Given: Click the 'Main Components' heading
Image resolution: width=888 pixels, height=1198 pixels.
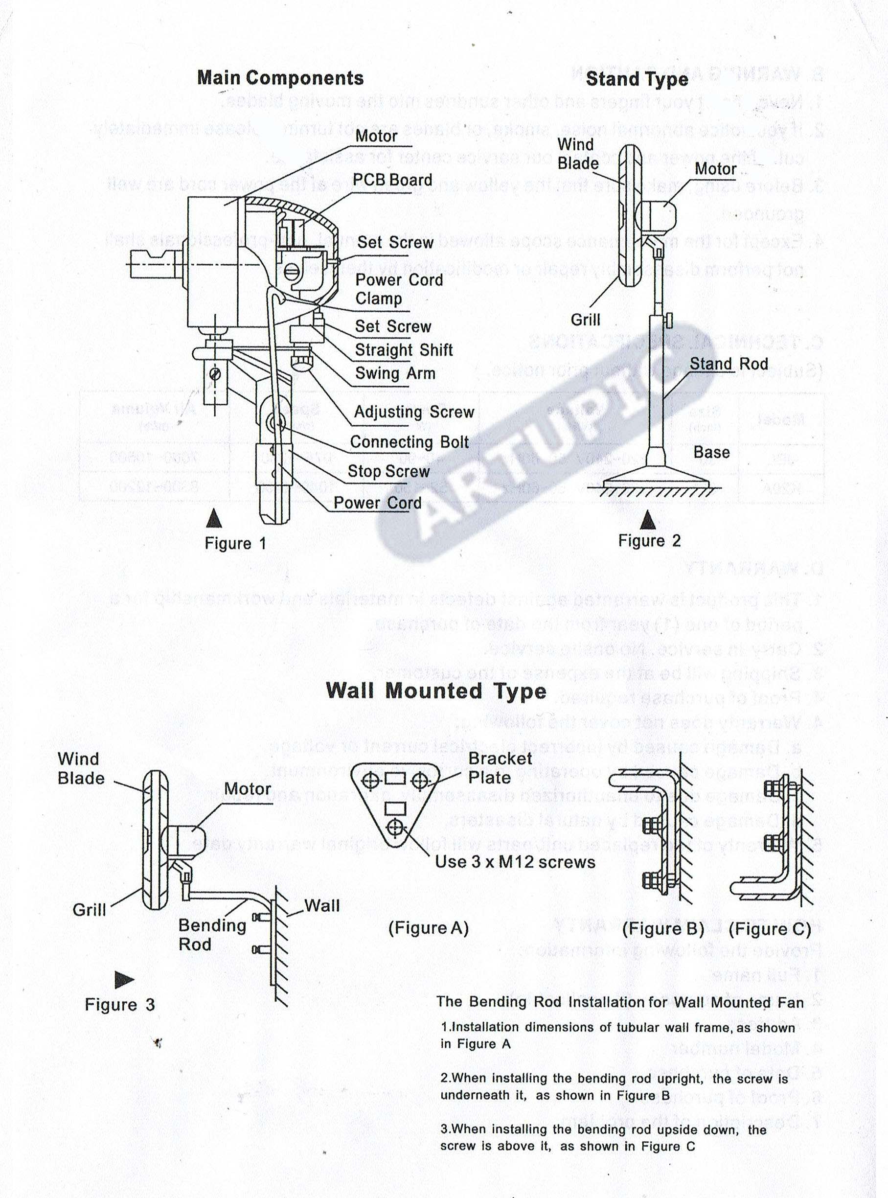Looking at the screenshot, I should pos(280,78).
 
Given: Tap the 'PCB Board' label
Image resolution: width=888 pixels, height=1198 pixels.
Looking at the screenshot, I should pos(392,180).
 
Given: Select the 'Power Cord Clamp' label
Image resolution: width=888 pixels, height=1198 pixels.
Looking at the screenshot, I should pos(398,289).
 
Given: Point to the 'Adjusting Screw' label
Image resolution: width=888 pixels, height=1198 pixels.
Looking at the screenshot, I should pos(414,412).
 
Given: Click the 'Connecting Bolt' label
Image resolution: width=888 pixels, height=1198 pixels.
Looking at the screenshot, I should pos(409,442).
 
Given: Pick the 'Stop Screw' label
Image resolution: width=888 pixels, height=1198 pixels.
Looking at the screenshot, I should pos(388,472).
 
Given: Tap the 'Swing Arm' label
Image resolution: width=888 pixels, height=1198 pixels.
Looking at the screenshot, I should pos(395,373).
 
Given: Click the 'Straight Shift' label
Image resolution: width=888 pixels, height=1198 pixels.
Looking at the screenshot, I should pos(404,350).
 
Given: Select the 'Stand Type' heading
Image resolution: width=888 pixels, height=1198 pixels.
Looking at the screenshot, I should pos(637,79).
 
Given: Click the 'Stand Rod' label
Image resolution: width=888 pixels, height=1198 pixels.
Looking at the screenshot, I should pos(729,364).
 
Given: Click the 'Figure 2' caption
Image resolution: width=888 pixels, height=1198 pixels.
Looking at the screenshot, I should pos(649,540).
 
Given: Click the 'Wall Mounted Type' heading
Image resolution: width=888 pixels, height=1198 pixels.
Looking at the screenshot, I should pos(436,691).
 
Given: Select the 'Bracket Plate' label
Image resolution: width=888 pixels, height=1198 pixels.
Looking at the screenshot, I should pos(500,768).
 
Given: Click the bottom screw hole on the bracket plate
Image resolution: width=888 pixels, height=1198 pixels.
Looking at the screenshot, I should pos(395,828).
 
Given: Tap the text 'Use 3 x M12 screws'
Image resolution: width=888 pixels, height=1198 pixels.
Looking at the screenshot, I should pos(515,862).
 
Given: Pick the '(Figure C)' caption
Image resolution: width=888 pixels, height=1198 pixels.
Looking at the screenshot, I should pos(769,929).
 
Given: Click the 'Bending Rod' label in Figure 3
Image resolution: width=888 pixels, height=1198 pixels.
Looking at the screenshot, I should pos(212,935).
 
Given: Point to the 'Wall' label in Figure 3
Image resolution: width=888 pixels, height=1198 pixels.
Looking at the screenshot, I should pos(322,905).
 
